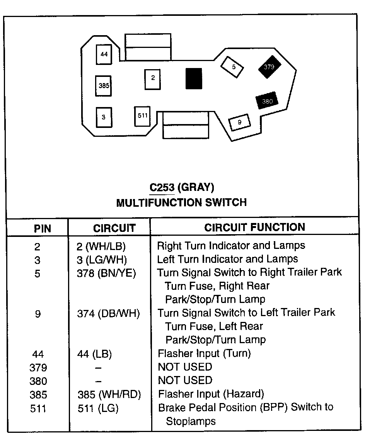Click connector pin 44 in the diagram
coord(104,54)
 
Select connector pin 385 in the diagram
coord(104,86)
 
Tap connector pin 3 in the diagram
coord(104,117)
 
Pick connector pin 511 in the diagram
coord(143,116)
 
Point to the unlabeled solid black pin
coord(194,78)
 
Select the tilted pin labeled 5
coord(233,67)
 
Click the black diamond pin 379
coord(269,67)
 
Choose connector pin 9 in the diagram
coord(240,123)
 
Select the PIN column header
coord(43,228)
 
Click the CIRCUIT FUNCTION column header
coord(254,227)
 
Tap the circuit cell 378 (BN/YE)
coord(106,273)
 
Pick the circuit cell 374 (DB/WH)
coord(108,313)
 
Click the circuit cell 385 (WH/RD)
coord(109,395)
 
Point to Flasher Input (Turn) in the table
coord(204,353)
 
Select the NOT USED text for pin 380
coord(185,381)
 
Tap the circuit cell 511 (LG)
coord(98,408)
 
